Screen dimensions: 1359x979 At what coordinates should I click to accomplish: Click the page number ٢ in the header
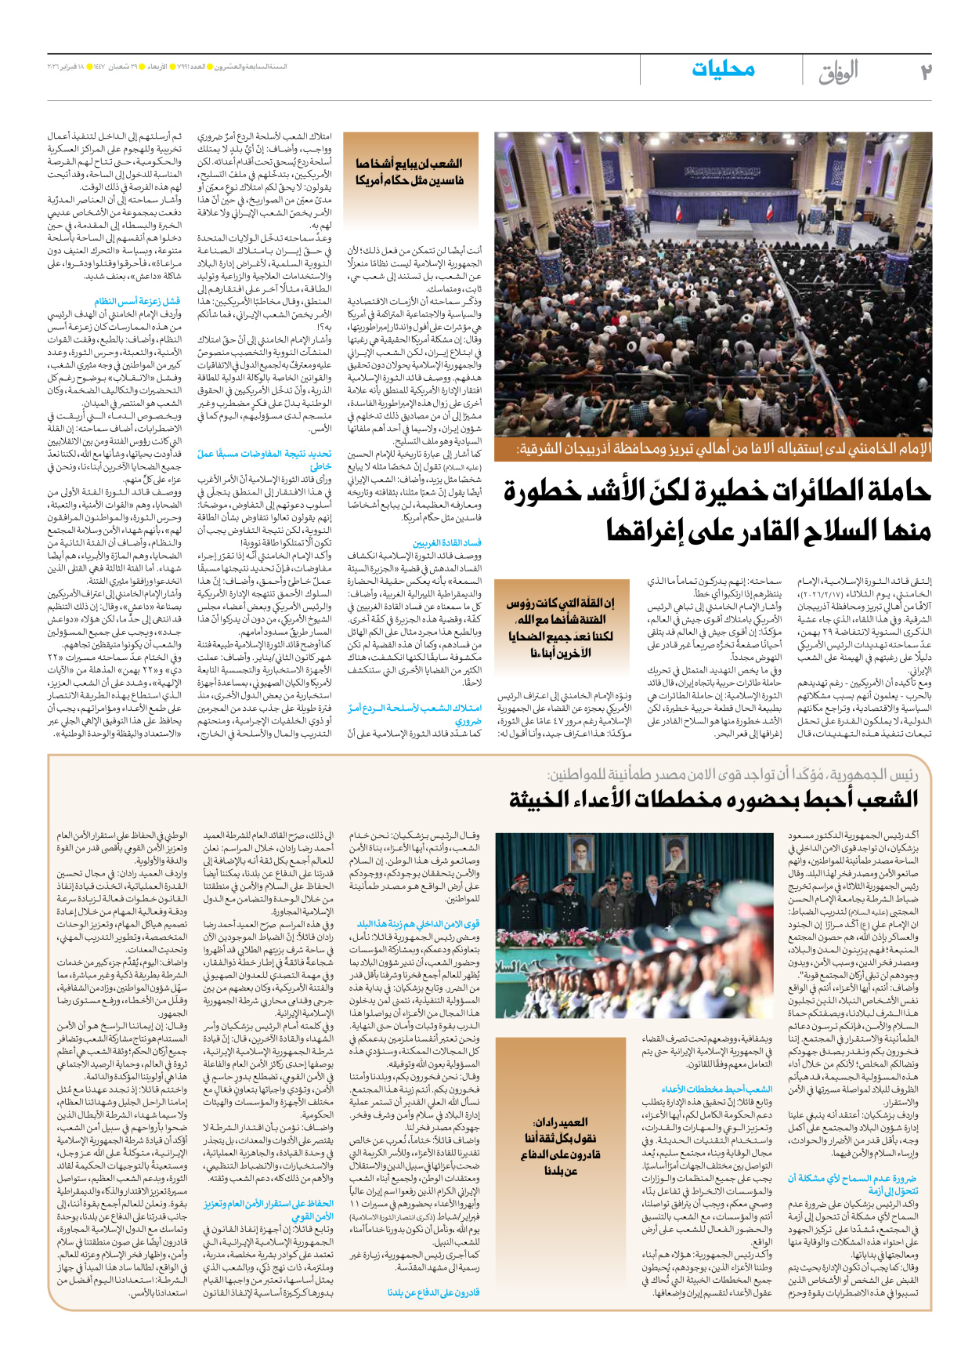coord(925,71)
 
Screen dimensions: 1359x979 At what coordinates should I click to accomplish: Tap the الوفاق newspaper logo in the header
coord(838,72)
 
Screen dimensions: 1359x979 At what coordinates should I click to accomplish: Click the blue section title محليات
coord(723,69)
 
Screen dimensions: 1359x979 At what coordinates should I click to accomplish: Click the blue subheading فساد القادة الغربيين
coord(447,542)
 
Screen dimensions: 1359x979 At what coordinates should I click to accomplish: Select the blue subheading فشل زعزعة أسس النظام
coord(137,301)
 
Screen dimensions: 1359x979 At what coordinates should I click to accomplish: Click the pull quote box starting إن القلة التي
coord(560,628)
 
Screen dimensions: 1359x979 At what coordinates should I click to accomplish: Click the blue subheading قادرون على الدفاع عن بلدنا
coord(434,1292)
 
